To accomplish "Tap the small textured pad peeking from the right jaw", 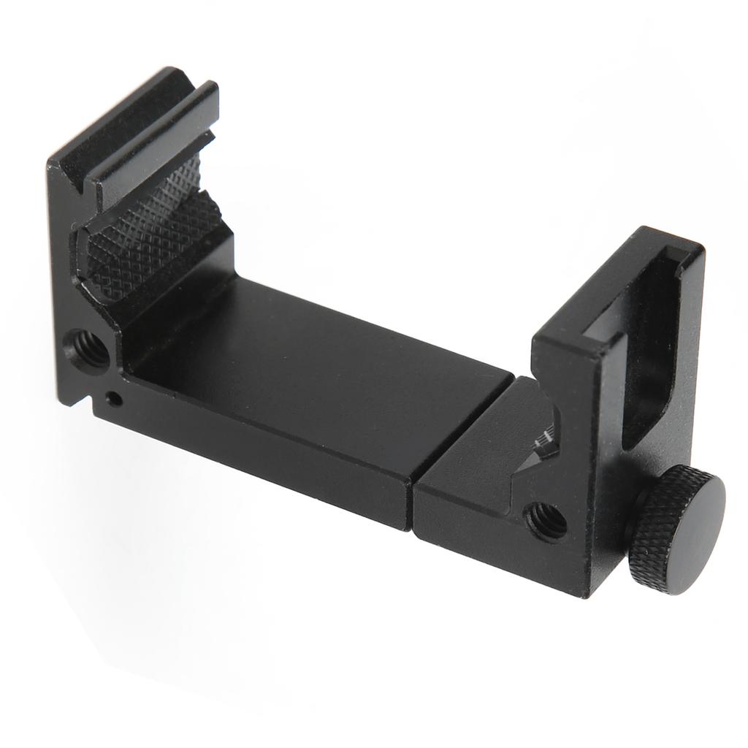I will (x=546, y=443).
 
